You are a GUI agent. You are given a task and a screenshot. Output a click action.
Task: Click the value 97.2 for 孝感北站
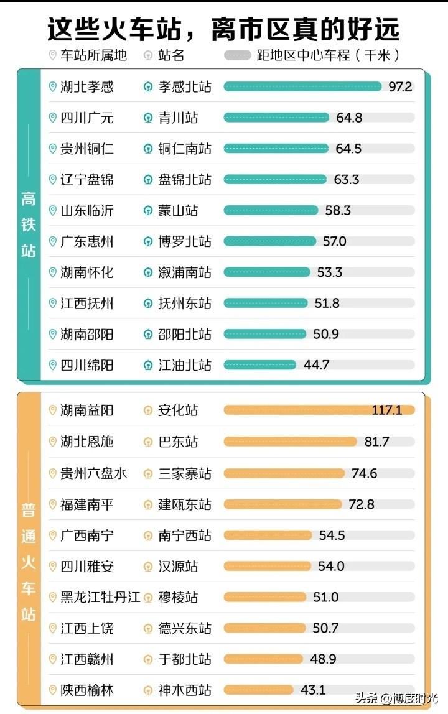pyautogui.click(x=400, y=86)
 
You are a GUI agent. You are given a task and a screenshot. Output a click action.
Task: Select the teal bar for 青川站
pyautogui.click(x=276, y=118)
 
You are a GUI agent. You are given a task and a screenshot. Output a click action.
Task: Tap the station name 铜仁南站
pyautogui.click(x=185, y=149)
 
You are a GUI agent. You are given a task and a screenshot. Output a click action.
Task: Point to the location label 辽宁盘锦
pyautogui.click(x=87, y=180)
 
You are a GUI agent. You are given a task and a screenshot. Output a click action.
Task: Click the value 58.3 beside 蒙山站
pyautogui.click(x=338, y=210)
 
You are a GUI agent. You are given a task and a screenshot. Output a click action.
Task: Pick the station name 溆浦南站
pyautogui.click(x=185, y=272)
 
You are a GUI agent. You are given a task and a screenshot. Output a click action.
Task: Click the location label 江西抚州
pyautogui.click(x=87, y=304)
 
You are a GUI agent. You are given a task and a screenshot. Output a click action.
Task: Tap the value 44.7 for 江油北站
pyautogui.click(x=316, y=365)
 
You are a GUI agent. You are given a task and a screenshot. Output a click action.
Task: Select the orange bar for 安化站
pyautogui.click(x=319, y=410)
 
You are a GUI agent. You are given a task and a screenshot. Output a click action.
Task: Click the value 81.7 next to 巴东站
pyautogui.click(x=376, y=442)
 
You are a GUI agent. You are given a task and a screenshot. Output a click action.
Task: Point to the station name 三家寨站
pyautogui.click(x=185, y=473)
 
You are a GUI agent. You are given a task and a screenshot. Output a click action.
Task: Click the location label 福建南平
pyautogui.click(x=87, y=504)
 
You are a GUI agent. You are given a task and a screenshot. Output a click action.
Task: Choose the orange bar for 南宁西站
pyautogui.click(x=267, y=535)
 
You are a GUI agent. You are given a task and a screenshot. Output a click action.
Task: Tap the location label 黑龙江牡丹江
pyautogui.click(x=100, y=597)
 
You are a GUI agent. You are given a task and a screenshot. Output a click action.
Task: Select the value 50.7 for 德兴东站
pyautogui.click(x=325, y=628)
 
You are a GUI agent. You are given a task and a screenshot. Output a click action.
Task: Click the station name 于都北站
pyautogui.click(x=185, y=659)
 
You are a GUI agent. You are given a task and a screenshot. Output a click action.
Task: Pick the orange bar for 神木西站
pyautogui.click(x=258, y=690)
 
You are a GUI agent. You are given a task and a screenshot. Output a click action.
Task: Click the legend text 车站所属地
pyautogui.click(x=94, y=55)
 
